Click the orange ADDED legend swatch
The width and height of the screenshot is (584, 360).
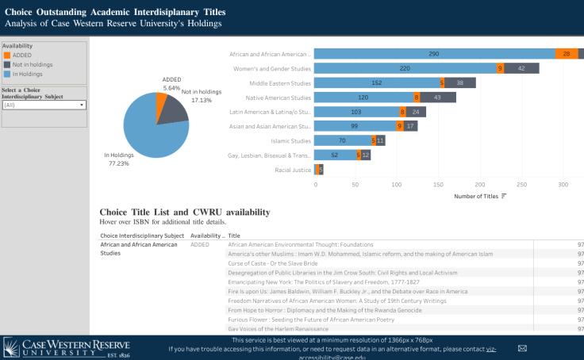pyautogui.click(x=7, y=56)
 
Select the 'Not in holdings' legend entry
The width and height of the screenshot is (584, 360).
pyautogui.click(x=33, y=64)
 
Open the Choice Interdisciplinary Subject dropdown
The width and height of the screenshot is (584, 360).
pyautogui.click(x=44, y=105)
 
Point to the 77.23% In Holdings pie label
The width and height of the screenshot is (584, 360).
pyautogui.click(x=120, y=158)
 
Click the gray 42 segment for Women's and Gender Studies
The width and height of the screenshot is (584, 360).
pyautogui.click(x=521, y=68)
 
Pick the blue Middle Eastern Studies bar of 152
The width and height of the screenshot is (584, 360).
pyautogui.click(x=376, y=83)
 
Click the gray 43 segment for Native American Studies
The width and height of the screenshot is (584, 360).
pyautogui.click(x=438, y=98)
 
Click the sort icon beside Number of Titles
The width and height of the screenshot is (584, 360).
pyautogui.click(x=504, y=196)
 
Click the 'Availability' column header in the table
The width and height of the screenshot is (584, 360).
pyautogui.click(x=207, y=236)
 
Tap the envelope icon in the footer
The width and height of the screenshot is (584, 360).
pyautogui.click(x=522, y=348)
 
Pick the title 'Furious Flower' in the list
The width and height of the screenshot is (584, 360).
pyautogui.click(x=311, y=320)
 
